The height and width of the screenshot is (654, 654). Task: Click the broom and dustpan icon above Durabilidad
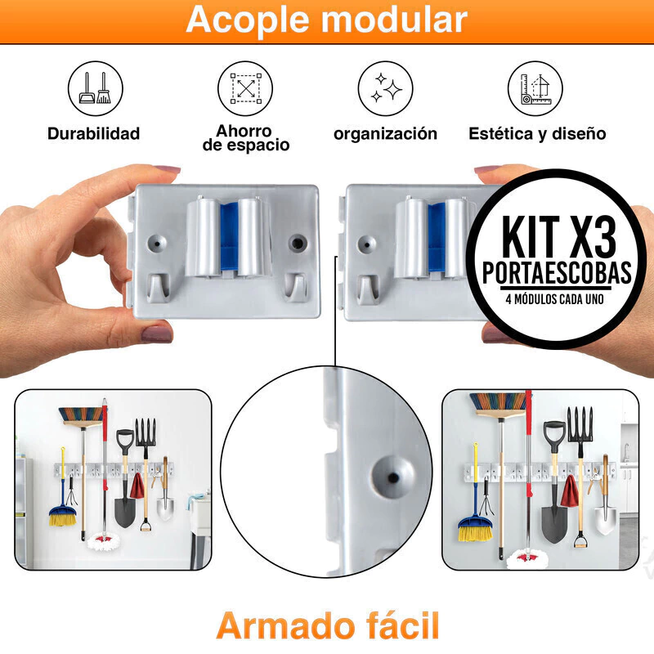click(x=96, y=88)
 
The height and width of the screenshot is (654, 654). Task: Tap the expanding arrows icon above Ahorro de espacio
click(x=245, y=88)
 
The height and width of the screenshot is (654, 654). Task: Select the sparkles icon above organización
click(x=385, y=88)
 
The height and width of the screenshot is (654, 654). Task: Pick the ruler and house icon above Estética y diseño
click(x=535, y=88)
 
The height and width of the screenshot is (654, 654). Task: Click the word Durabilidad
click(x=93, y=133)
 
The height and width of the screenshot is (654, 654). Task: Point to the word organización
click(x=385, y=134)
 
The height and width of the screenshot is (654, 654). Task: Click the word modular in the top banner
click(x=394, y=19)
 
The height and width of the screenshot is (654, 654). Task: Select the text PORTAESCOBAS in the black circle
click(x=557, y=273)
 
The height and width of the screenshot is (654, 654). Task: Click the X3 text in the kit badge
click(x=592, y=236)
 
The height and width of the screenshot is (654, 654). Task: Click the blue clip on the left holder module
click(x=229, y=239)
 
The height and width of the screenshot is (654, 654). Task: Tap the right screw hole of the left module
click(x=297, y=242)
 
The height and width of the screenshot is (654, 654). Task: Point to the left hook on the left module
click(x=159, y=287)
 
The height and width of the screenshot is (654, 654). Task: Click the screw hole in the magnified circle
click(x=392, y=477)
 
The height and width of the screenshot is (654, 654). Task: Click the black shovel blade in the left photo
click(x=125, y=513)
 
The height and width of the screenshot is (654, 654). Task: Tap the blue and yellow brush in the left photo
click(x=63, y=515)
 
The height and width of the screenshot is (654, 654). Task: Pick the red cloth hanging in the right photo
click(x=569, y=490)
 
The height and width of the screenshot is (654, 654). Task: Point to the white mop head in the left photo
click(x=104, y=541)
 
